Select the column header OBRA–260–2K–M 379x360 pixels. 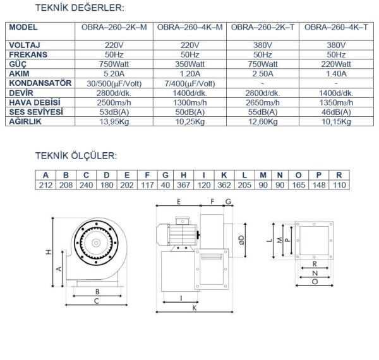[x=113, y=28]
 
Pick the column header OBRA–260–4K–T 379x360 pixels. [x=337, y=28]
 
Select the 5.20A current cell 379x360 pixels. [x=113, y=73]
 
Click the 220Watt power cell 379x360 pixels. [x=337, y=64]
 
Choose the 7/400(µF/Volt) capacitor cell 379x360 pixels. [x=188, y=83]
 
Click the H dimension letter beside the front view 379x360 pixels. [x=48, y=252]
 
